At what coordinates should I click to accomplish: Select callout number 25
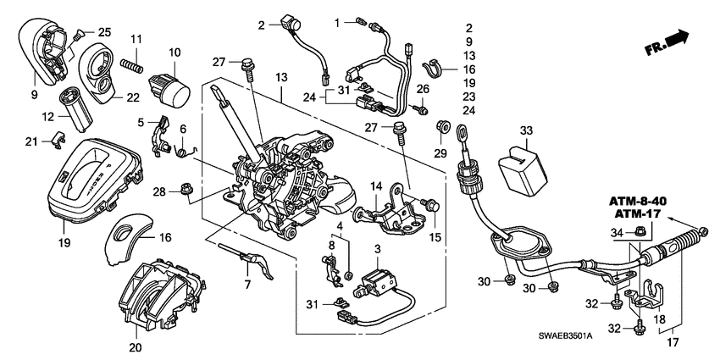[x=103, y=31]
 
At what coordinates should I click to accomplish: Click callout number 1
[x=335, y=20]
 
